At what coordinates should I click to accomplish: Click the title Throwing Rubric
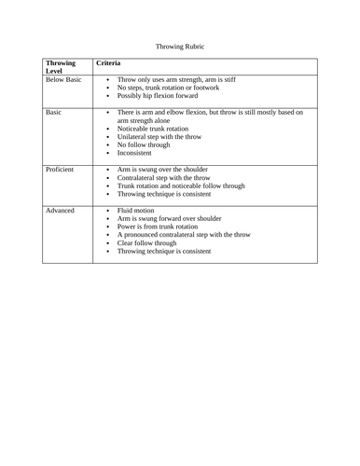pos(179,45)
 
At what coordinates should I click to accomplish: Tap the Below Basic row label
pos(65,81)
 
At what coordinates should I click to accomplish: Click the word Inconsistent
pos(141,154)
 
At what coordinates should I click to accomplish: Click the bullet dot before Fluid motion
pos(107,212)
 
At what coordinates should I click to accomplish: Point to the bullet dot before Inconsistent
pos(107,155)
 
